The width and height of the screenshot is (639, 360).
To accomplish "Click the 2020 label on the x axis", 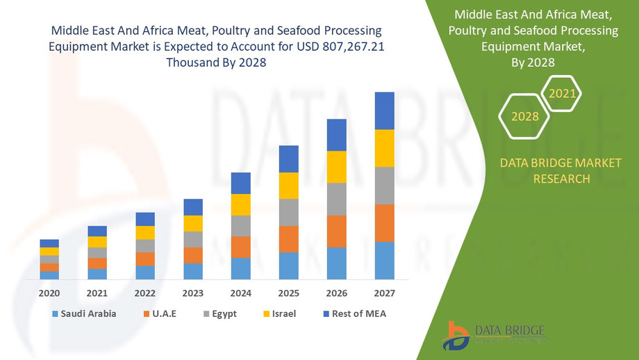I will coord(49,293).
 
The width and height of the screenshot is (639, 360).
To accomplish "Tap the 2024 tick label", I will coord(241,293).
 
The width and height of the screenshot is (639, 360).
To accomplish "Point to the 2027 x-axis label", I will coord(384,293).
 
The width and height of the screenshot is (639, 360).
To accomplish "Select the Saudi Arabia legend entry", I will coord(83,313).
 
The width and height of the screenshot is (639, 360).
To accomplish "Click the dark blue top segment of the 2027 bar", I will coord(384,111).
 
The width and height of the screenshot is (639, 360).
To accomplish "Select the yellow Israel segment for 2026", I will coord(336,167).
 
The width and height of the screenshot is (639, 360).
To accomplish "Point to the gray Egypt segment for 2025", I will coord(288,212).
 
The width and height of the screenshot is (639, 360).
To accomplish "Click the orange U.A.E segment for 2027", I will coord(384,223).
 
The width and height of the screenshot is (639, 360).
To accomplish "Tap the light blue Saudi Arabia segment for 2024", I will coord(241,268).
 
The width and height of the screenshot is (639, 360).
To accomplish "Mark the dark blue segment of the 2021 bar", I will coord(97,231).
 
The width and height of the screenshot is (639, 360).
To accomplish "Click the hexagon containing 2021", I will coord(561,93).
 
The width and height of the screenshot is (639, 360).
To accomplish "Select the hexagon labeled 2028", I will coord(525,116).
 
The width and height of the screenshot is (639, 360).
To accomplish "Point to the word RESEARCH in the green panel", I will coord(561,179).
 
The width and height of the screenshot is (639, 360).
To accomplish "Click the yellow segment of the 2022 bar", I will coord(145,233).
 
